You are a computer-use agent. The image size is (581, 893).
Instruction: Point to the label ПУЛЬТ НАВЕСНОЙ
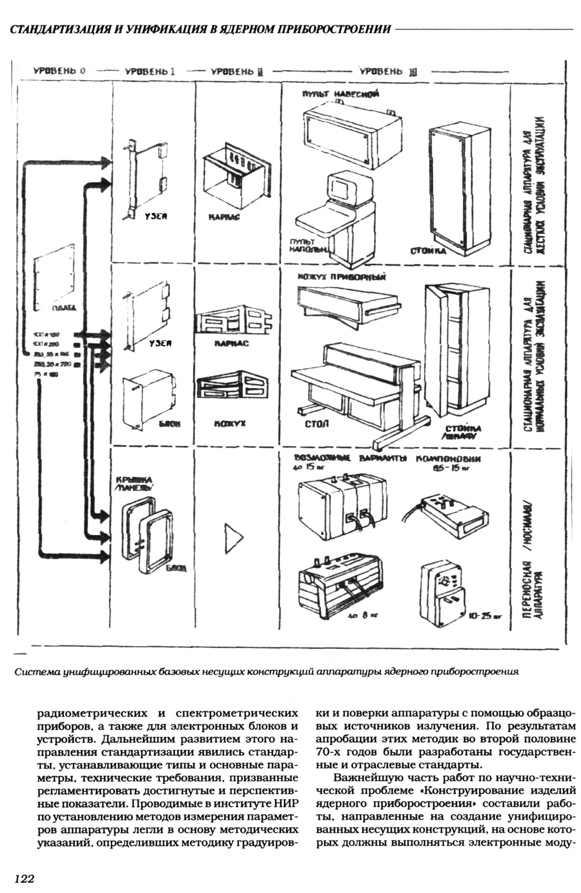point(340,94)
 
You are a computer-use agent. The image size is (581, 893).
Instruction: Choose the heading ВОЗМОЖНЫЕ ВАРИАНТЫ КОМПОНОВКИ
point(387,458)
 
